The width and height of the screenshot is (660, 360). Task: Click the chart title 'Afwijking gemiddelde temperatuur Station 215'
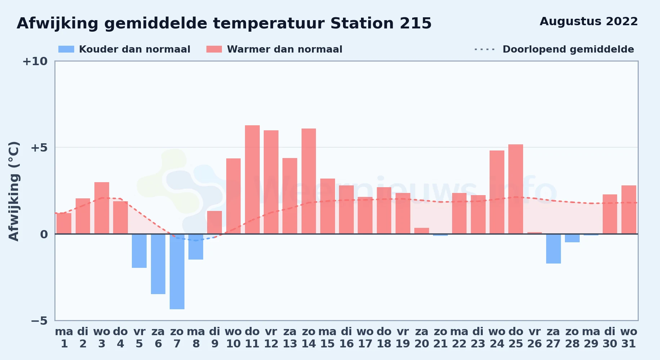tap(224, 23)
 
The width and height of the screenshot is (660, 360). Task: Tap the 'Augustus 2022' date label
tap(589, 22)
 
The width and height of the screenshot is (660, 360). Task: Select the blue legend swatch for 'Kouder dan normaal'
tap(66, 49)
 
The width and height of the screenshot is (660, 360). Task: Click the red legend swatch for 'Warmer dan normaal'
tap(214, 49)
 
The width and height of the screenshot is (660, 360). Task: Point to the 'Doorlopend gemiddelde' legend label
tap(568, 49)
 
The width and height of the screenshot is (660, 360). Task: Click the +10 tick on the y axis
tap(35, 62)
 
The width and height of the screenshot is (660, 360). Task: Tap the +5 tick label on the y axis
tap(39, 148)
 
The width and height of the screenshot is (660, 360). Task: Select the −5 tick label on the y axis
tap(39, 321)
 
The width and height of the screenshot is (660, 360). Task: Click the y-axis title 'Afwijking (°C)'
tap(14, 191)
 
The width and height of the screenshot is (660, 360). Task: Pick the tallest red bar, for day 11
tap(252, 180)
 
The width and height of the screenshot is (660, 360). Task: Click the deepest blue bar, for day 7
tap(177, 271)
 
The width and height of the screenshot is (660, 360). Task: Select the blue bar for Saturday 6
tap(158, 264)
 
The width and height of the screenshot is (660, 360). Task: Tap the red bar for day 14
tap(309, 181)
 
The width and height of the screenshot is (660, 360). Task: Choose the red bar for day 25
tap(516, 189)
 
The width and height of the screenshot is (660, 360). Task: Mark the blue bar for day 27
tap(553, 249)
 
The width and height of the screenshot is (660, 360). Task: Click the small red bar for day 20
tap(422, 231)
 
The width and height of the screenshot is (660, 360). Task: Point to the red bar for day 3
tap(102, 208)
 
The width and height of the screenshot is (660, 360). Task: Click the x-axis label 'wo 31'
tap(629, 338)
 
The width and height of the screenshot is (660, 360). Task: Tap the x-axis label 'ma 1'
tap(64, 338)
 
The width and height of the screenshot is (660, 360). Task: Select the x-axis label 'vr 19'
tap(403, 338)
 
